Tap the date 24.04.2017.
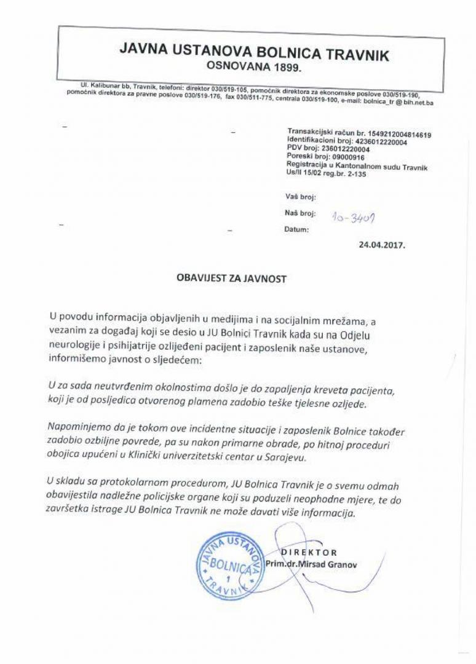[383, 244]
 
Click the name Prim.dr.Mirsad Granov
[305, 564]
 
